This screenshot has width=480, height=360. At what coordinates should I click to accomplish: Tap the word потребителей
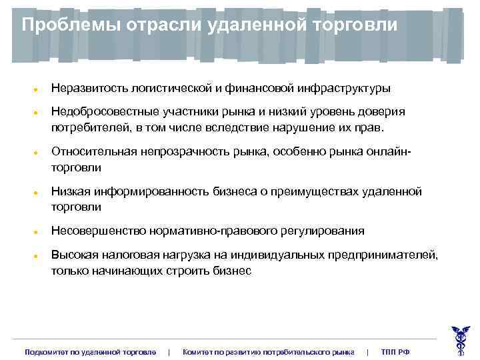[x=85, y=126]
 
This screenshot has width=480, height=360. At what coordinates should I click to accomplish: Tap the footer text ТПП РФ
[x=395, y=351]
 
